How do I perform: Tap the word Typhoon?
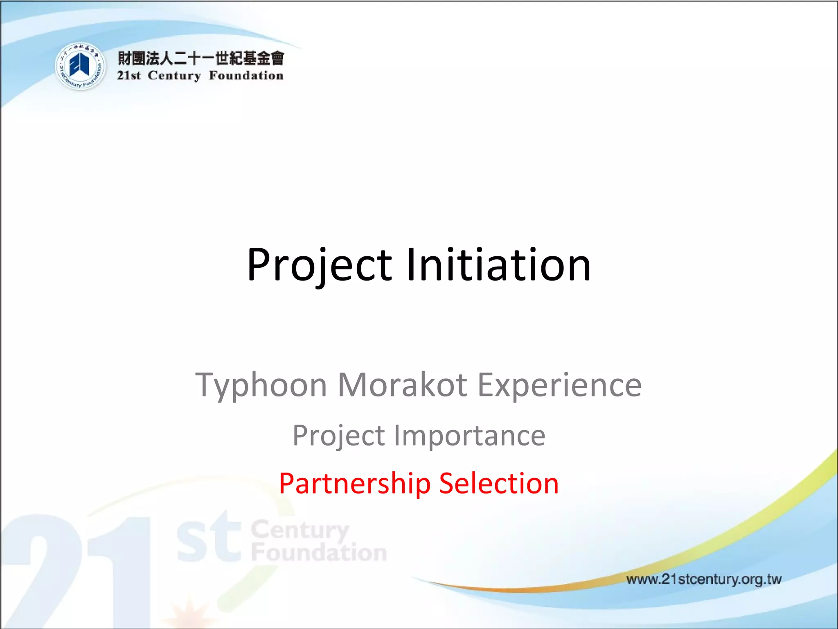click(261, 385)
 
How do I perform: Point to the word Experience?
click(559, 385)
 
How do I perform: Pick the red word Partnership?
click(355, 484)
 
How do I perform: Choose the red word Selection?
click(499, 484)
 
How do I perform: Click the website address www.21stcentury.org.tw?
click(704, 579)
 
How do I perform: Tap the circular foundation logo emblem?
click(80, 66)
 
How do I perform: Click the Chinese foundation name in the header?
click(200, 58)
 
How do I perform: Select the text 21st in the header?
click(128, 76)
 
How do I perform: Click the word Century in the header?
click(174, 76)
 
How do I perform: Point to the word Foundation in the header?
click(246, 76)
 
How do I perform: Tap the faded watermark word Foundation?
click(319, 552)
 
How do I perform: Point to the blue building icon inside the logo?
click(79, 65)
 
